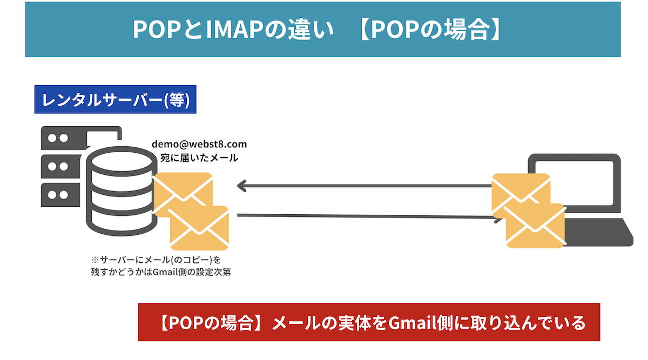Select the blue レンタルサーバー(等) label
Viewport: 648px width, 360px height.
coord(115,100)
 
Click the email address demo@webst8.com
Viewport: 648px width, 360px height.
coord(199,145)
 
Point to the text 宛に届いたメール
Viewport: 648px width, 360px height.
coord(199,158)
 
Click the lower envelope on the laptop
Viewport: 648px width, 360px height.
coord(535,226)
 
